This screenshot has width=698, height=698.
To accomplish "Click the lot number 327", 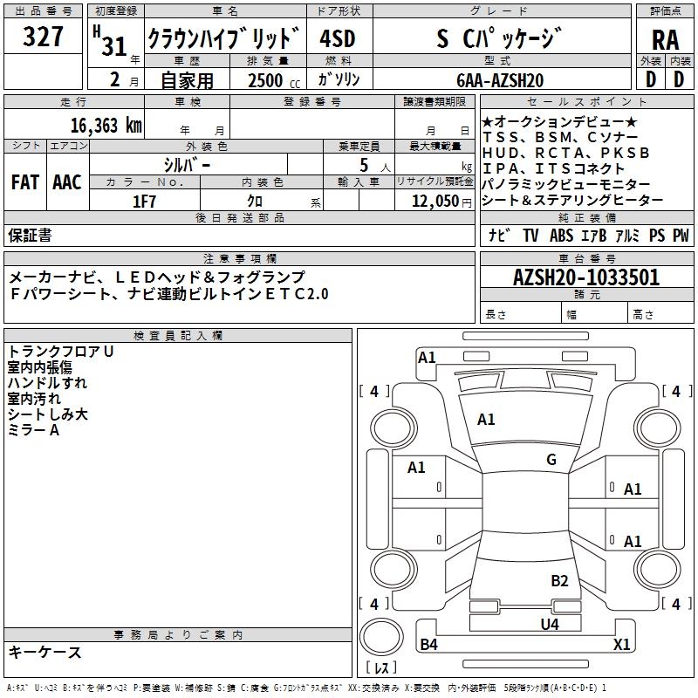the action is [43, 38].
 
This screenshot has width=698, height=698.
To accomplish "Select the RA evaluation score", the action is [665, 40].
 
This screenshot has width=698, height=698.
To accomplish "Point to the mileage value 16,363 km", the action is [106, 125].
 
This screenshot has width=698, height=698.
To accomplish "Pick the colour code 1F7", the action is [144, 201].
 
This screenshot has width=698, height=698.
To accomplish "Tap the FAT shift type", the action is [24, 181].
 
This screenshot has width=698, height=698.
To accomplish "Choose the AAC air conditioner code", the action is [67, 181].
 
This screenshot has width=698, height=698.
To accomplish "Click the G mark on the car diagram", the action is [551, 460].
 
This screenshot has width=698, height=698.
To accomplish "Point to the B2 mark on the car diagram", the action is [559, 581].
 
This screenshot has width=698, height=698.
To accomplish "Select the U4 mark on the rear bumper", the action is [549, 624].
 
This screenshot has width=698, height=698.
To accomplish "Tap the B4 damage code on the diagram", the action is [428, 645].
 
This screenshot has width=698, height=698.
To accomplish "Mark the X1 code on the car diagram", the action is [621, 645].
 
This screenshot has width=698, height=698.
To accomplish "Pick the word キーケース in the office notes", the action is [45, 652].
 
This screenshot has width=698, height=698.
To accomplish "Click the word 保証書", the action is [30, 235].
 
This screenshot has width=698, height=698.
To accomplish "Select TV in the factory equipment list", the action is [530, 235].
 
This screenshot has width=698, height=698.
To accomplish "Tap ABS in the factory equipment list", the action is [560, 235].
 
